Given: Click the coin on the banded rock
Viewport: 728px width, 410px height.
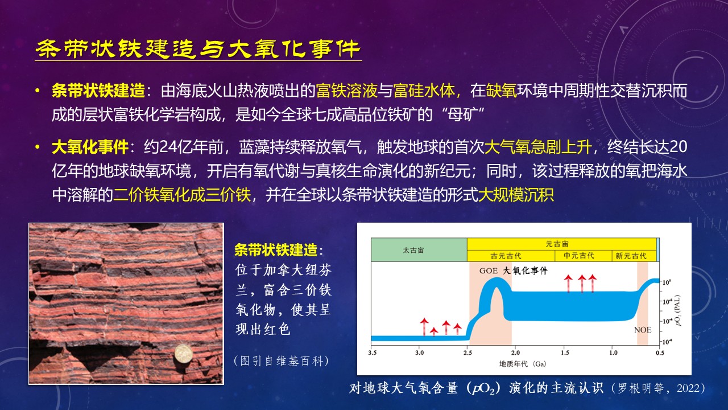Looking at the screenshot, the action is [x=183, y=355].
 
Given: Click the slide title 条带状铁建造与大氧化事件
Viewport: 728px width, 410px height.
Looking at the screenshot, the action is [x=198, y=49].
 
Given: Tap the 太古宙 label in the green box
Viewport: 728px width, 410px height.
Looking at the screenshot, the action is [x=413, y=250].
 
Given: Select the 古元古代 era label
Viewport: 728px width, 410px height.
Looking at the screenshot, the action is [x=506, y=256].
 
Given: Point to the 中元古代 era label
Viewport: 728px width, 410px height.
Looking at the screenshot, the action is [x=579, y=256].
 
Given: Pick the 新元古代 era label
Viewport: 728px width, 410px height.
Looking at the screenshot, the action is [x=631, y=256].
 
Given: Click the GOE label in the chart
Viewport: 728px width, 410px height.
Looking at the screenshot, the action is [x=489, y=270].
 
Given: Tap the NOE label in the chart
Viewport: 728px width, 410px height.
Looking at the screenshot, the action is [x=643, y=330].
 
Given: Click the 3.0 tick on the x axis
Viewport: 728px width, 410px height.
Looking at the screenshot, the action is [x=419, y=352].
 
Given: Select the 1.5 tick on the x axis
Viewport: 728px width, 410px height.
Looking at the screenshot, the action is [x=565, y=352].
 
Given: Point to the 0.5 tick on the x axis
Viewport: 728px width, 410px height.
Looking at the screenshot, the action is [x=660, y=352].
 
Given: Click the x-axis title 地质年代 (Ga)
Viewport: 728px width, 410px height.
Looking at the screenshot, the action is [x=523, y=364].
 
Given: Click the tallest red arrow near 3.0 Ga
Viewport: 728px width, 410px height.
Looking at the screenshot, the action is [x=424, y=327].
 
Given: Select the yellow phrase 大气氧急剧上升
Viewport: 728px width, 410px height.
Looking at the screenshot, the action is [x=538, y=147].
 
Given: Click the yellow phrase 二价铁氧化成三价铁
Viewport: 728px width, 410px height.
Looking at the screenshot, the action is [x=182, y=195].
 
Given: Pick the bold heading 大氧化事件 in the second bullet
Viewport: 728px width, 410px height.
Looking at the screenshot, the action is [x=90, y=147].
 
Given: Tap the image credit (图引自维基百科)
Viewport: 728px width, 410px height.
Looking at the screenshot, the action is [x=282, y=361].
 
